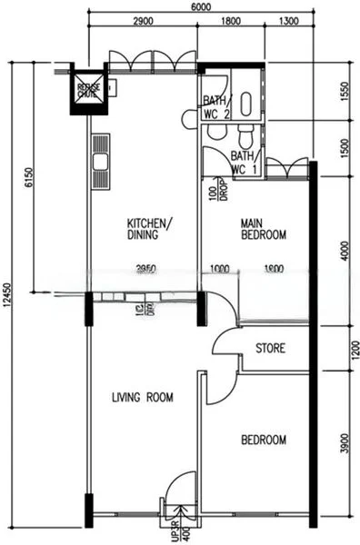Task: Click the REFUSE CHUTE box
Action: coord(88,88)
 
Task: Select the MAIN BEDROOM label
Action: coord(263,228)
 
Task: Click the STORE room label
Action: coord(271,348)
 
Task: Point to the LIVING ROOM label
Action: coord(143,397)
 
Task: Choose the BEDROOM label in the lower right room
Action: coord(263,441)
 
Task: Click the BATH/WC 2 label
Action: coord(217,107)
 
